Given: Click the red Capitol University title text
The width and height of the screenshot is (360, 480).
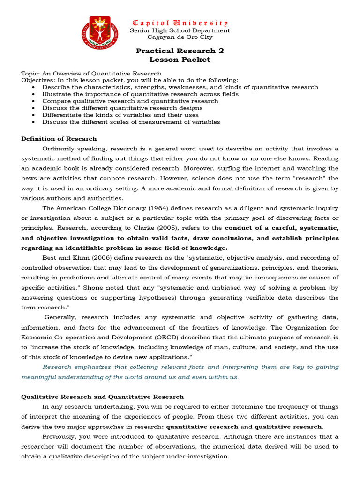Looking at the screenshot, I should pos(180,22).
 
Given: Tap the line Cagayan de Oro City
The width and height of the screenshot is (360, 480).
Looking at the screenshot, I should pos(180,37).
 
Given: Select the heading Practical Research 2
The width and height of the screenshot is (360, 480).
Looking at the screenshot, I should pos(180,51).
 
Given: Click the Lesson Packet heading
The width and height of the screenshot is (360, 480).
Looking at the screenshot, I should pos(180,60).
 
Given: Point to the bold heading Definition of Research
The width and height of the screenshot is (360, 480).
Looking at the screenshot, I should pos(59,138).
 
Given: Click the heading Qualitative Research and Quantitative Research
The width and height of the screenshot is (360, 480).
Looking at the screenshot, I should pos(103,397).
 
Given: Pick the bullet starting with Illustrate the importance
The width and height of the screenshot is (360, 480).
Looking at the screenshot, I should pos(141,94).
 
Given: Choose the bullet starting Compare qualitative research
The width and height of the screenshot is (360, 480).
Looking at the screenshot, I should pos(130,101).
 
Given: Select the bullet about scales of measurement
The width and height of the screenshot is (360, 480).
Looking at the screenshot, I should pos(131,122).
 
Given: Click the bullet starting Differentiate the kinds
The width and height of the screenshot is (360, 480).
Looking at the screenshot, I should pos(120,115).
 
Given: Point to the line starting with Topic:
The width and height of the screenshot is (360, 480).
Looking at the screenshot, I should pos(91,73).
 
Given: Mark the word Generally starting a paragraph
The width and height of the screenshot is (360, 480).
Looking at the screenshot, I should pos(61,317).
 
